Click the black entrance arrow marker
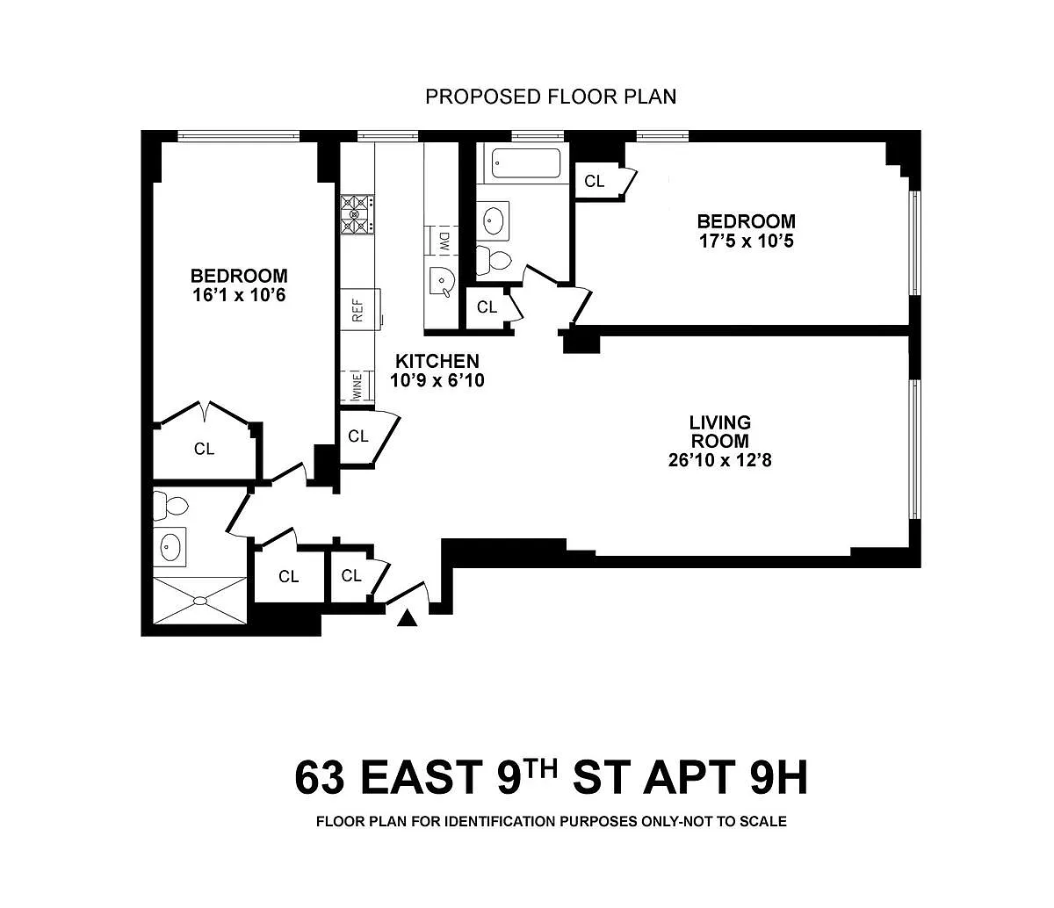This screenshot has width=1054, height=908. tap(407, 618)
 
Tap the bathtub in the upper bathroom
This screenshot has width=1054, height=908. tap(526, 163)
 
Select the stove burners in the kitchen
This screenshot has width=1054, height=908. tap(357, 214)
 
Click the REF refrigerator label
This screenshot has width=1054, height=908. tap(358, 310)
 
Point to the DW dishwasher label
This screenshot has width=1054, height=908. tap(444, 240)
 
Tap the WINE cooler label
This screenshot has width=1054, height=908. tap(357, 386)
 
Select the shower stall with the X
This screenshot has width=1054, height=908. tap(200, 600)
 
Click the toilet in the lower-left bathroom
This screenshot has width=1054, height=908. tap(170, 505)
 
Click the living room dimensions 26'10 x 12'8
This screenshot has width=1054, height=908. tap(719, 460)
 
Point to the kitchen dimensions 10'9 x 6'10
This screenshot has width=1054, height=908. tap(437, 380)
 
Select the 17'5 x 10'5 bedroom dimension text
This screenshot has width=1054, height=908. tap(746, 240)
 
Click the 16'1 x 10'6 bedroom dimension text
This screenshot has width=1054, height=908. tap(239, 295)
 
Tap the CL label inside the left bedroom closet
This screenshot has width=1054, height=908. tap(204, 449)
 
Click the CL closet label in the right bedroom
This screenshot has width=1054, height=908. tap(594, 181)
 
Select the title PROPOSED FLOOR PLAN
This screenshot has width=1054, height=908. tap(551, 97)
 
